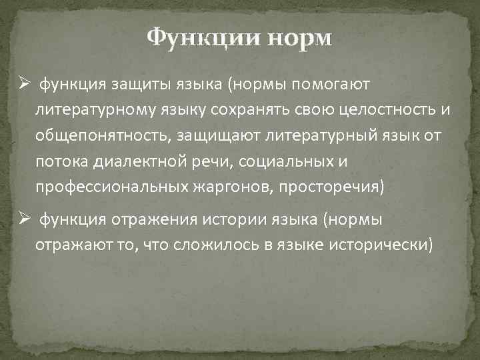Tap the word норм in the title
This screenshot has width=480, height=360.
pyautogui.click(x=298, y=37)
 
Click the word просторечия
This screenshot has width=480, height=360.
pyautogui.click(x=330, y=186)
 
